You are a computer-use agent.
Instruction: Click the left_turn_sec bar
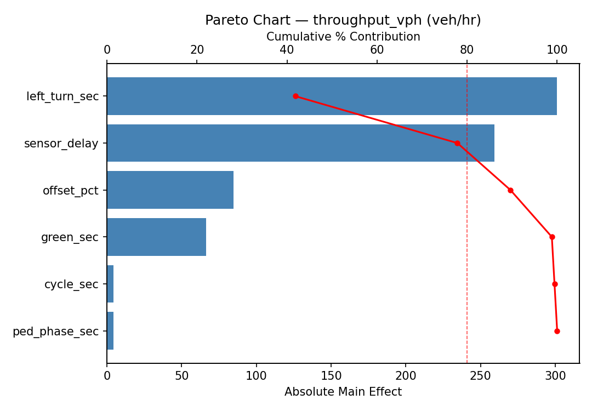click(x=332, y=96)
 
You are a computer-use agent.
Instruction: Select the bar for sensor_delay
click(x=300, y=143)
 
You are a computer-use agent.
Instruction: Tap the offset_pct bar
click(x=170, y=190)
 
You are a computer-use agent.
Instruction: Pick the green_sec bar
click(x=156, y=237)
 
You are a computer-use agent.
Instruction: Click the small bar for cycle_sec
click(x=110, y=284)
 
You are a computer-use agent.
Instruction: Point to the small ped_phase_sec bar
click(x=110, y=331)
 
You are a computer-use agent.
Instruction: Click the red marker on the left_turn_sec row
click(x=295, y=96)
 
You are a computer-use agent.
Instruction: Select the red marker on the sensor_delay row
click(x=457, y=143)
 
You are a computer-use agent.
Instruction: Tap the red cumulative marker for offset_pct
click(x=510, y=190)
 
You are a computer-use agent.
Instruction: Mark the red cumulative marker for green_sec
click(x=552, y=237)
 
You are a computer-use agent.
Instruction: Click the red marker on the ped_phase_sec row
click(x=557, y=331)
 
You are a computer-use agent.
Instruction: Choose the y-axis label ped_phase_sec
click(x=55, y=331)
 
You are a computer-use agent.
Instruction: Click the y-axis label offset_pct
click(x=71, y=191)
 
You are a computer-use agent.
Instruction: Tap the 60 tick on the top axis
click(x=377, y=50)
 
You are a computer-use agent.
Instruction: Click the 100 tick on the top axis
click(x=557, y=50)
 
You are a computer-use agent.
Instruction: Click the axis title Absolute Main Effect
click(x=343, y=392)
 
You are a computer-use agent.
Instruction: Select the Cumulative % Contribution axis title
click(x=343, y=37)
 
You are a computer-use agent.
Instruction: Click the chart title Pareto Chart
click(x=343, y=20)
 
